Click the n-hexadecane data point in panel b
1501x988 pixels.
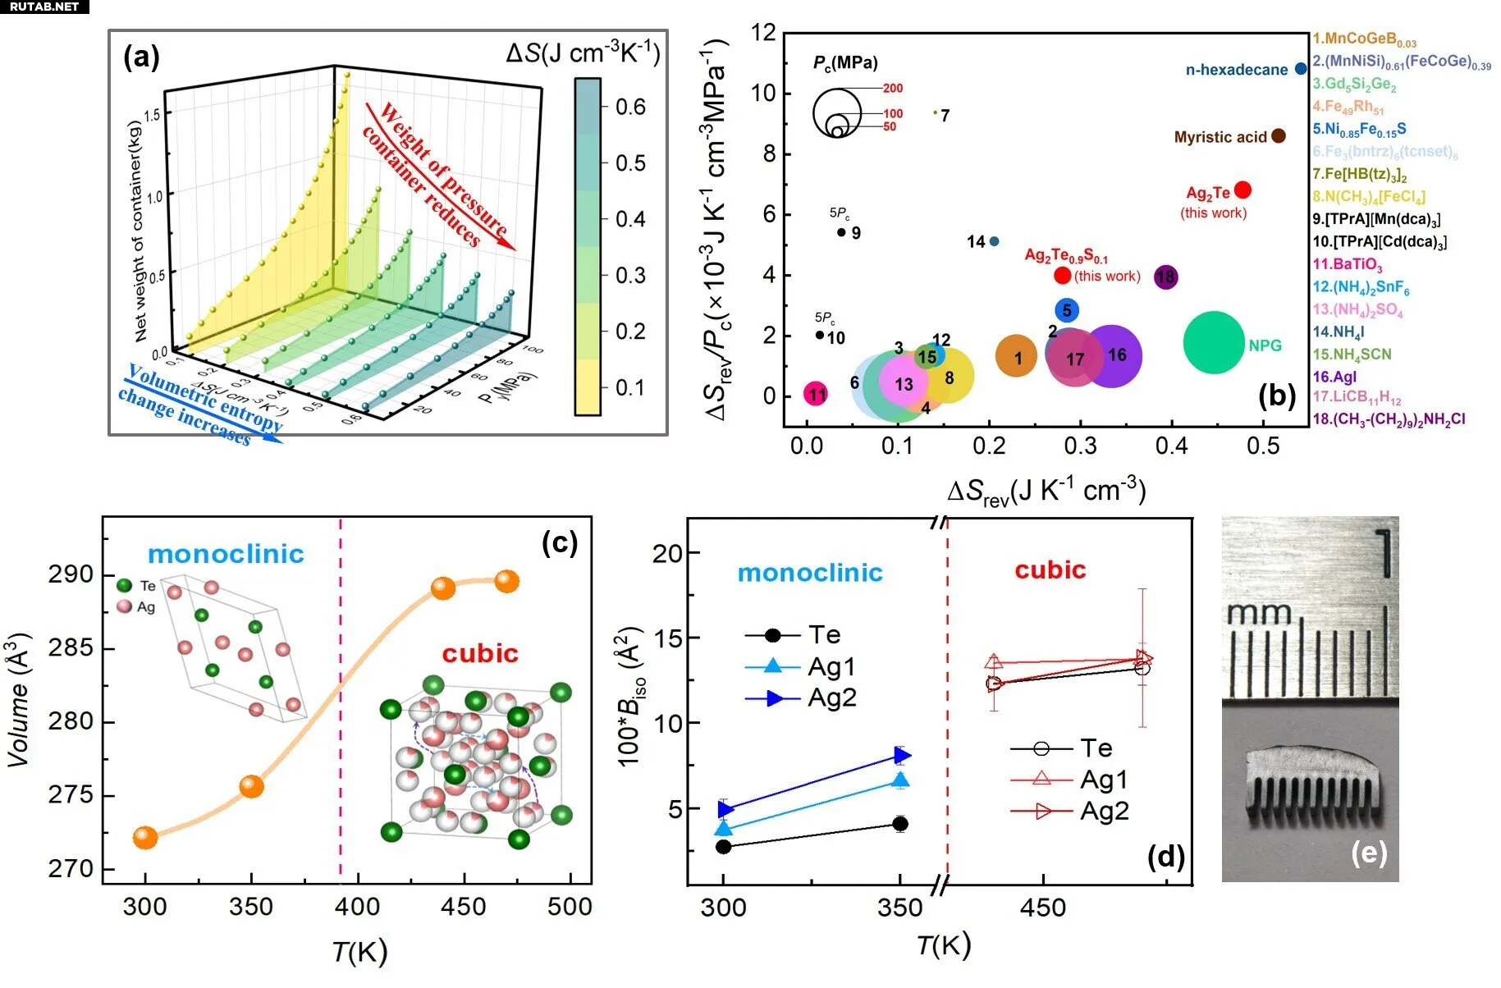(x=1301, y=69)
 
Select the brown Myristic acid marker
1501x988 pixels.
(x=1279, y=136)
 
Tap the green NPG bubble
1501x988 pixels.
(x=1214, y=343)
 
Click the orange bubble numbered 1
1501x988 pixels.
(x=1017, y=357)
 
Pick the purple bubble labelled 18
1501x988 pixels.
(x=1165, y=277)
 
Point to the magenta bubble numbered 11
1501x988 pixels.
(x=816, y=395)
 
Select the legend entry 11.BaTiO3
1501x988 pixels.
(x=1348, y=264)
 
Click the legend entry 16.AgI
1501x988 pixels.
(x=1334, y=377)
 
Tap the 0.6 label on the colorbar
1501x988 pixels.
(x=630, y=107)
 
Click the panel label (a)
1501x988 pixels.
(x=141, y=57)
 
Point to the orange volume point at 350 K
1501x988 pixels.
(x=252, y=786)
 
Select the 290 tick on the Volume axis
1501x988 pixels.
(x=71, y=574)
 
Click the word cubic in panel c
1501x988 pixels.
(x=480, y=653)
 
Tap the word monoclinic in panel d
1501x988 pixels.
(x=810, y=573)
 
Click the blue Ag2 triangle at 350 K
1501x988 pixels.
(x=900, y=755)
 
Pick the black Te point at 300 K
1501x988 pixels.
(x=723, y=847)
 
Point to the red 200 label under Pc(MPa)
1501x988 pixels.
(x=893, y=88)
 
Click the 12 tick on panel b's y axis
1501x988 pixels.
(x=764, y=33)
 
